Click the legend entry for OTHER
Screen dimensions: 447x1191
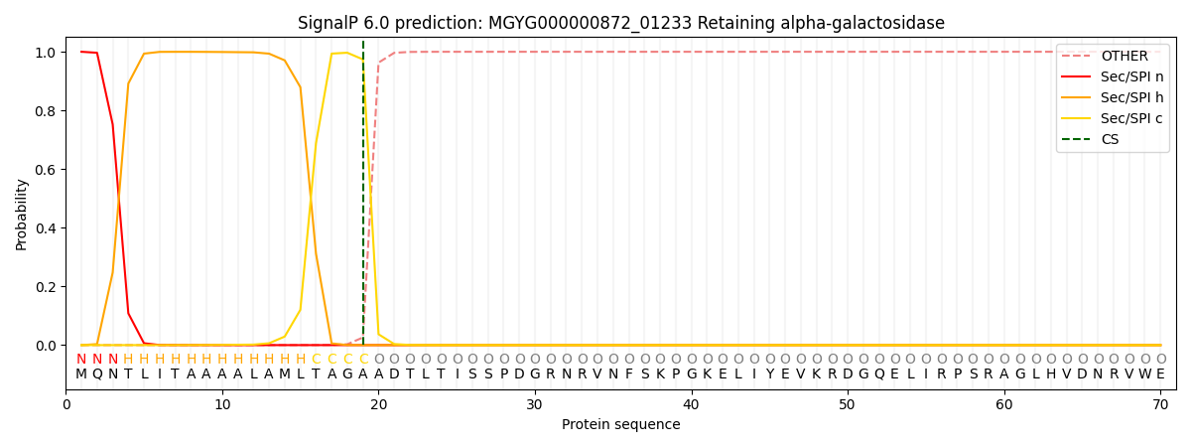point(1124,57)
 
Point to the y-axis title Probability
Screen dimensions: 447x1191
point(22,215)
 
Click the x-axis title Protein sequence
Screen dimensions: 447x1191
point(620,425)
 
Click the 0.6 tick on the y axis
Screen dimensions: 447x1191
point(46,170)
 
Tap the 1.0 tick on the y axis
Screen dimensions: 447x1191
point(46,52)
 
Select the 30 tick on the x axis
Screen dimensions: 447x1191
point(535,404)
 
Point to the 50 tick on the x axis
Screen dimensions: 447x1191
point(848,404)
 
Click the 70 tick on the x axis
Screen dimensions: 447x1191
point(1160,404)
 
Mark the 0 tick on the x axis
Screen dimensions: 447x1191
point(66,404)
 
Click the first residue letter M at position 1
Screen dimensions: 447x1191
point(81,374)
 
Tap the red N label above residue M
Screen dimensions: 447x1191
point(81,360)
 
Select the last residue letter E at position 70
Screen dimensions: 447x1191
point(1160,374)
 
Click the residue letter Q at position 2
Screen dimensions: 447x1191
point(97,374)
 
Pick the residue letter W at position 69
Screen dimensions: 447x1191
point(1144,374)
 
